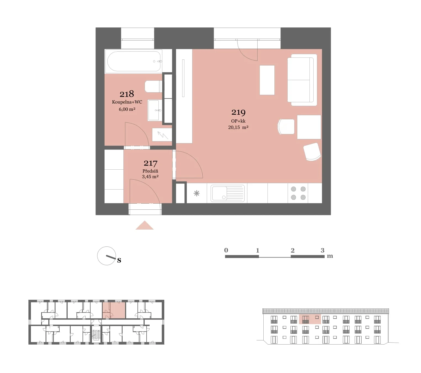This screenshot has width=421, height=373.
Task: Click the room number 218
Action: point(126,94)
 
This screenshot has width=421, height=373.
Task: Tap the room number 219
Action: point(238,112)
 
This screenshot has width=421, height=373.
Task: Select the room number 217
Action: point(150,163)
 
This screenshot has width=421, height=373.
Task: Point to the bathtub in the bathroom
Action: point(134,61)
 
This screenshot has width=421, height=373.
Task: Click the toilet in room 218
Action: point(153,86)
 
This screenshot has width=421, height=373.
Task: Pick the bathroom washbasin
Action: point(155,110)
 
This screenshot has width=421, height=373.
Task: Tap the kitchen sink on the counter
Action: point(227,193)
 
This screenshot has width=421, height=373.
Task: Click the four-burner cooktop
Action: point(298,193)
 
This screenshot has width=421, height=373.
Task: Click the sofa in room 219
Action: point(302,80)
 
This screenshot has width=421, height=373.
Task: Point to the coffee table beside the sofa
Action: point(267,80)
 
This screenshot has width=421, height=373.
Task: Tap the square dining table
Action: point(309,127)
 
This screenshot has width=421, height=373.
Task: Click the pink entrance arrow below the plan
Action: point(144,225)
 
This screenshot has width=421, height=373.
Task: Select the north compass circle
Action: point(107,256)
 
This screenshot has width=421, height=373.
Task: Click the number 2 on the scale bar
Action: point(293,250)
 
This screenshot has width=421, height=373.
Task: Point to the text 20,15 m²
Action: point(238,127)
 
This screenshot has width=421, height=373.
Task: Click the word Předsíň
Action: point(150,171)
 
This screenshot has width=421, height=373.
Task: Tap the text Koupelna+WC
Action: point(127,102)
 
